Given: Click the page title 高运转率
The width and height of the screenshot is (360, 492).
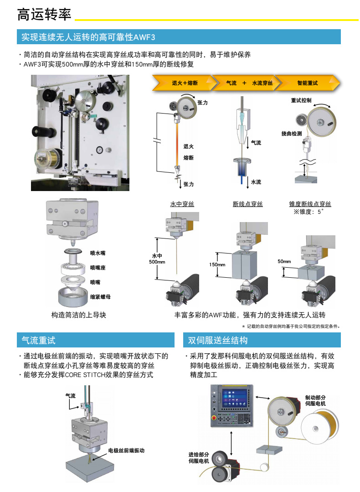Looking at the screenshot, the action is coord(44,15).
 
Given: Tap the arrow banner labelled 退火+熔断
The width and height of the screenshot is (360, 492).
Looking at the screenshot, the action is coord(185,83).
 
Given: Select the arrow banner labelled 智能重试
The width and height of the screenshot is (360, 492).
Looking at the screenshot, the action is coord(307,83).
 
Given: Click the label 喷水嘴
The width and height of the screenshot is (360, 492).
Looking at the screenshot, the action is coord(98,253).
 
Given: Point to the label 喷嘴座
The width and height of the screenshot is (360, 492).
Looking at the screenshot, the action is coord(98,268).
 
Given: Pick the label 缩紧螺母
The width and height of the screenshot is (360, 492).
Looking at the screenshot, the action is coord(100,296).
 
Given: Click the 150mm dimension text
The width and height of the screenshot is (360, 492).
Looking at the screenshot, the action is coord(217,264).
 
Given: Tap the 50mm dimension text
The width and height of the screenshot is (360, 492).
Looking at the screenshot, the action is coord(284,261).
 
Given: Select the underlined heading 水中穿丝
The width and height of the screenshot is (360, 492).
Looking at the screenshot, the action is coord(182,204).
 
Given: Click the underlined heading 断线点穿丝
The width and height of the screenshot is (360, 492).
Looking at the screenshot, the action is coord(248,204).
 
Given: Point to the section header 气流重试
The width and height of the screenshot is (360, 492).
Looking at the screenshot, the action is coord(38,340).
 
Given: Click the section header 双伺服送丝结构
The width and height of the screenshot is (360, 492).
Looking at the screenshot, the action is coord(218,340).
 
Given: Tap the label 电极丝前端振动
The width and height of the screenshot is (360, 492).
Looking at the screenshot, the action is coord(126,450).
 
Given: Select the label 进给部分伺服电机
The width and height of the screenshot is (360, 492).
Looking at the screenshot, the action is coord(199,457).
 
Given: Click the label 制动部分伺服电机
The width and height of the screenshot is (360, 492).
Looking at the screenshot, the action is coord(315,400).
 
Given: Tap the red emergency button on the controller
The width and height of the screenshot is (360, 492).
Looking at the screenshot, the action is coord(214,417).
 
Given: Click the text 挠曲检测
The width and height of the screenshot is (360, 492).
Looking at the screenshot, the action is coord(291,133).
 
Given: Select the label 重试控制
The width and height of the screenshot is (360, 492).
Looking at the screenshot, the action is coord(301,100).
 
